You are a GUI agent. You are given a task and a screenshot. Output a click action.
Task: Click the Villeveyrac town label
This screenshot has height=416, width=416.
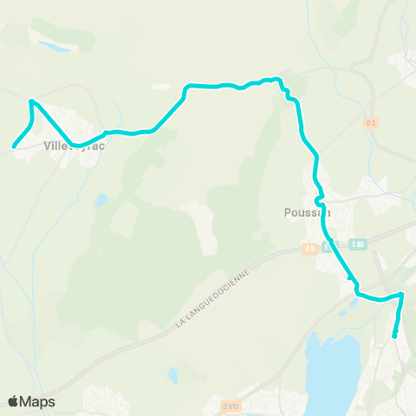pos(74,146)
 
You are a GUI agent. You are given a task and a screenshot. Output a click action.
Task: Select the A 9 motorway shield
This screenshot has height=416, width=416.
pos(310,249)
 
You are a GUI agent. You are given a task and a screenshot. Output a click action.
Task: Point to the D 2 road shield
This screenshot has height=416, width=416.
pos(371,123)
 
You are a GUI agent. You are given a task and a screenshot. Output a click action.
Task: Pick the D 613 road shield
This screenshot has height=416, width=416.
pos(230,405)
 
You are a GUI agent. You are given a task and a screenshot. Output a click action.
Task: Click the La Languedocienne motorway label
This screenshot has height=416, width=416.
pos(212,297)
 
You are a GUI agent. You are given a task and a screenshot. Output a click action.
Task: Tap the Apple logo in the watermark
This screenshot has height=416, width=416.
pos(14,401)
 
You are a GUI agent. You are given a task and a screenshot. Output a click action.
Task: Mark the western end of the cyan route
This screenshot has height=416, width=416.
pos(15,146)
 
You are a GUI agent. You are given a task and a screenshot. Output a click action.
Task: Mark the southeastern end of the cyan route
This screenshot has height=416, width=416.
pos(394,335)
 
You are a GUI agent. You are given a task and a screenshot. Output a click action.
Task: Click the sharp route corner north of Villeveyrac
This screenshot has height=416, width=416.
pos(31,102)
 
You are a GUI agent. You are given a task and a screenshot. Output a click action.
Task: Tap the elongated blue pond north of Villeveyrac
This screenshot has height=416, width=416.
pos(54,46)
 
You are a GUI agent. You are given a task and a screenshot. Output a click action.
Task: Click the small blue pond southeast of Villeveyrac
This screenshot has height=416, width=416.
pos(102,199)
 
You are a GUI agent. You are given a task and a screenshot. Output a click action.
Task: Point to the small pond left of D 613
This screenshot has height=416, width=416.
pos(173,375)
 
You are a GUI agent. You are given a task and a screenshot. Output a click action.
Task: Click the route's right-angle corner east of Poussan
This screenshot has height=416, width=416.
pos(401,295)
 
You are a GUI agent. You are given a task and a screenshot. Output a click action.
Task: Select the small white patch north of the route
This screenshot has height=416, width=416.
pos(161,87)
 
